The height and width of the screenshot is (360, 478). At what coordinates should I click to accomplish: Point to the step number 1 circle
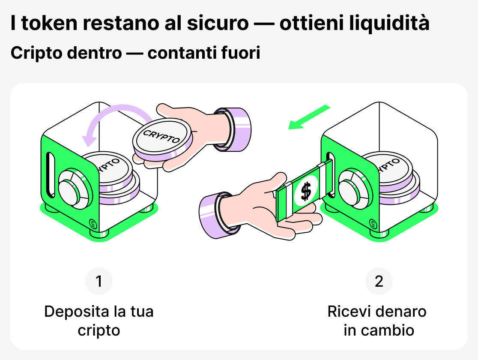(x=99, y=282)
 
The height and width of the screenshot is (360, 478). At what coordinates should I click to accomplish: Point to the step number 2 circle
(x=379, y=282)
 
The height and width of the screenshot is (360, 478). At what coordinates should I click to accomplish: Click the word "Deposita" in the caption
(x=70, y=312)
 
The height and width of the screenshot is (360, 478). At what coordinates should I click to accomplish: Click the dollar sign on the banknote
(x=306, y=191)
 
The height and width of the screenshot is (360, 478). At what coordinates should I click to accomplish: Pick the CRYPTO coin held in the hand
(x=162, y=138)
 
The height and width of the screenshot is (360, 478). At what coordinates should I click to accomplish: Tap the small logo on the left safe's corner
(x=93, y=223)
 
